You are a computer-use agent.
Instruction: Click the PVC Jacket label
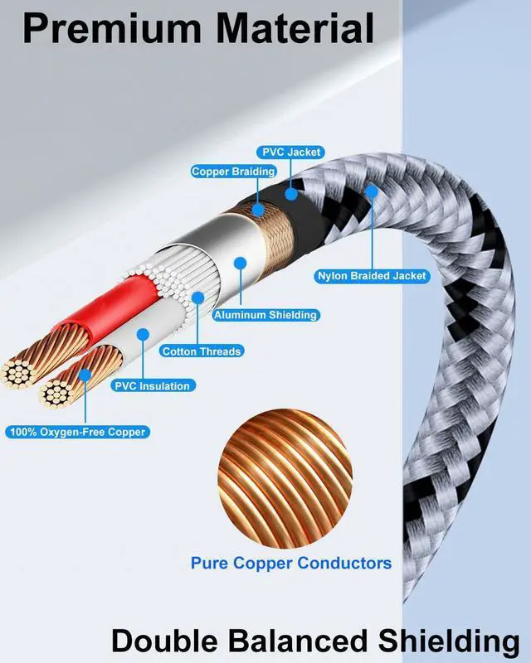click(x=291, y=152)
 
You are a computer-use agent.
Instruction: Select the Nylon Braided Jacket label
click(x=372, y=276)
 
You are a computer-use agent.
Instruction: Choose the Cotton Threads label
click(x=202, y=351)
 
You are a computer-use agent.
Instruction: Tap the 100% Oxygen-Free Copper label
click(x=78, y=432)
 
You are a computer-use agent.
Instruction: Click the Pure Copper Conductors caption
click(x=291, y=563)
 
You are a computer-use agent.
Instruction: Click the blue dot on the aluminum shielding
click(x=240, y=264)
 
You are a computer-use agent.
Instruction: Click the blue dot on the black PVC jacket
click(x=291, y=194)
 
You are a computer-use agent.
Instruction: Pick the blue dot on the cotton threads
click(x=197, y=297)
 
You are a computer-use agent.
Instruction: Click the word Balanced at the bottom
click(x=302, y=641)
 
